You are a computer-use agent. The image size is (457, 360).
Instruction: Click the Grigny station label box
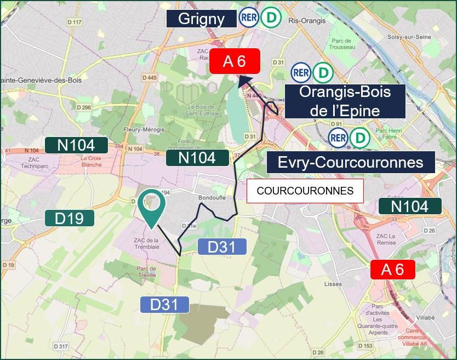pyautogui.click(x=201, y=19)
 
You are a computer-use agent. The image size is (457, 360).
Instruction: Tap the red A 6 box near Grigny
pyautogui.click(x=235, y=61)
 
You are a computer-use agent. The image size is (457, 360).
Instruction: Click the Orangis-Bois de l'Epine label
pyautogui.click(x=345, y=101)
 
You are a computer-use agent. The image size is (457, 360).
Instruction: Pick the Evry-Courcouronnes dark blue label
pyautogui.click(x=351, y=163)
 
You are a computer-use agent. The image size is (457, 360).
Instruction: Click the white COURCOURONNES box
pyautogui.click(x=305, y=191)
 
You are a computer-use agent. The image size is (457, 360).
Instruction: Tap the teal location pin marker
pyautogui.click(x=152, y=207)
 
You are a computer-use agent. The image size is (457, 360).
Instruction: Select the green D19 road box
pyautogui.click(x=70, y=218)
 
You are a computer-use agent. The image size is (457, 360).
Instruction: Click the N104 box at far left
pyautogui.click(x=77, y=145)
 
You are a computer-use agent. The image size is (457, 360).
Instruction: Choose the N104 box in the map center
pyautogui.click(x=198, y=158)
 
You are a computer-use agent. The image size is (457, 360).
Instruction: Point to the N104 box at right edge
pyautogui.click(x=410, y=206)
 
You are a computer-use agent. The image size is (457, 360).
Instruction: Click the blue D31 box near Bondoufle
pyautogui.click(x=221, y=247)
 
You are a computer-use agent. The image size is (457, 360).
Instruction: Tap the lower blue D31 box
pyautogui.click(x=165, y=304)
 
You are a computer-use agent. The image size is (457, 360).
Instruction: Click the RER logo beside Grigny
pyautogui.click(x=249, y=18)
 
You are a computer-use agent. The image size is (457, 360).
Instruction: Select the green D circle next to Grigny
pyautogui.click(x=270, y=18)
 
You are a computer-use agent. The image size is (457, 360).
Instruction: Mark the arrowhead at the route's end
pyautogui.click(x=243, y=81)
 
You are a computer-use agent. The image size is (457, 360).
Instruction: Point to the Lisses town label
pyautogui.click(x=333, y=285)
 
